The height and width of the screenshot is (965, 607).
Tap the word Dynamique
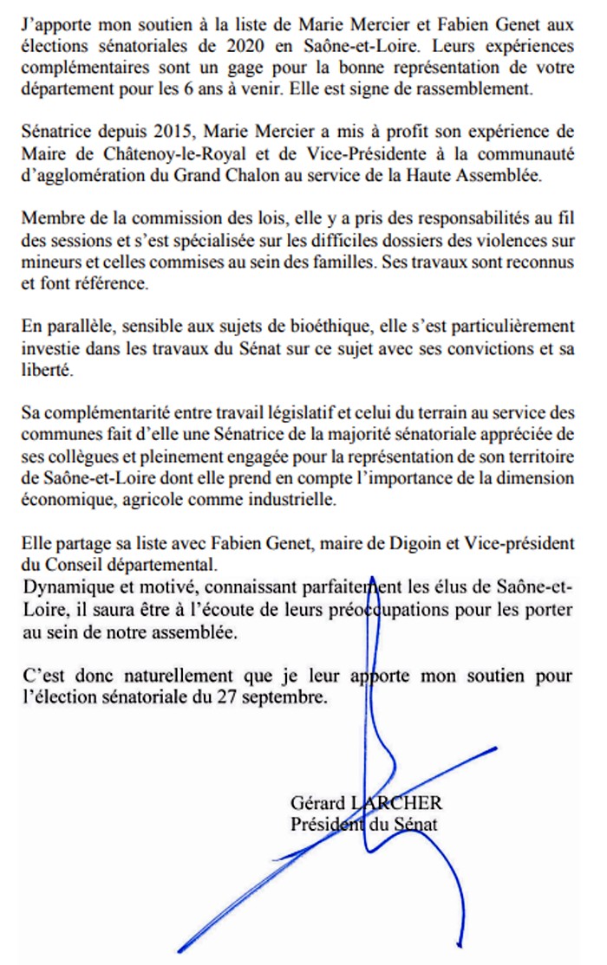point(64,587)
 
